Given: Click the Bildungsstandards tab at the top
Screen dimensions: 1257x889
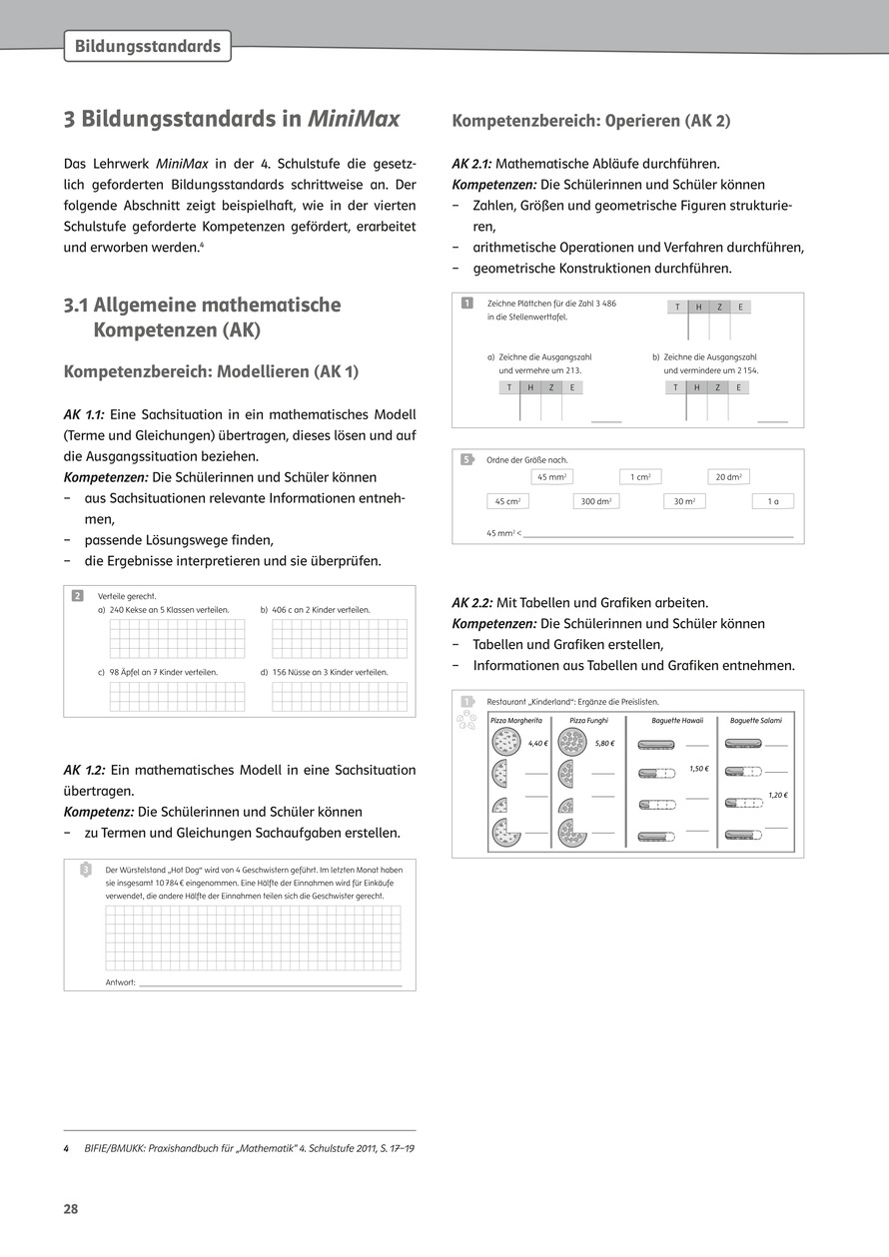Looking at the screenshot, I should click(x=147, y=47).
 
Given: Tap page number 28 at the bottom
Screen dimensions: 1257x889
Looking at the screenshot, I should click(x=71, y=1209).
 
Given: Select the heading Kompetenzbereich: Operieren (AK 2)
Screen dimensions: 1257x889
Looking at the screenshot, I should click(x=591, y=121).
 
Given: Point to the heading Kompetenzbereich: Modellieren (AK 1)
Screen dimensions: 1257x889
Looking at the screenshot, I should click(x=211, y=371).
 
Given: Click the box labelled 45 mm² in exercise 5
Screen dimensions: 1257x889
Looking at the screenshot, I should click(x=552, y=477).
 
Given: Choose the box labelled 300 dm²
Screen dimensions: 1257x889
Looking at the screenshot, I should click(x=596, y=501).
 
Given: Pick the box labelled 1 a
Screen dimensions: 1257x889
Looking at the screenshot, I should click(x=772, y=501).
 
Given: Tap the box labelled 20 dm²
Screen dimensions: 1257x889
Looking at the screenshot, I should click(x=728, y=477).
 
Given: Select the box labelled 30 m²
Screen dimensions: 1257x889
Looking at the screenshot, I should click(x=684, y=501).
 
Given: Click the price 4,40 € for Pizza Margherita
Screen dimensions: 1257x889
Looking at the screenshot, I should click(x=538, y=744).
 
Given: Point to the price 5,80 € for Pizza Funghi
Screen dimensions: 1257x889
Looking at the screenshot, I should click(x=604, y=744).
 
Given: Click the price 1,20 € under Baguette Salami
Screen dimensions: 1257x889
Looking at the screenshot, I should click(x=777, y=795).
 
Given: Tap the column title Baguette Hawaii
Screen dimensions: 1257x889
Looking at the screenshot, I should click(x=677, y=720).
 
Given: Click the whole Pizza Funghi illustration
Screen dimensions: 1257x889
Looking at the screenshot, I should click(x=571, y=742).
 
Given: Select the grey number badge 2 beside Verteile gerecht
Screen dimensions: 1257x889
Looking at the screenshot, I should click(x=77, y=597).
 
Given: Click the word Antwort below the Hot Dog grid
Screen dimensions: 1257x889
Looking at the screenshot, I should click(x=120, y=983).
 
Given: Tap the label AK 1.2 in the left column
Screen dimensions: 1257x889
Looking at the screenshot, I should click(x=84, y=771).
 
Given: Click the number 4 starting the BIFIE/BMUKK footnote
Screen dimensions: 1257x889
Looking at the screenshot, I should click(x=66, y=1148).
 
